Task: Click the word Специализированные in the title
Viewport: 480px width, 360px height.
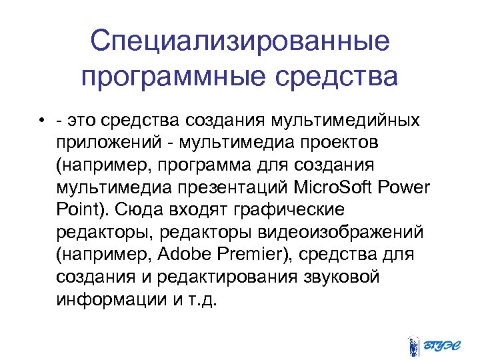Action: click(240, 41)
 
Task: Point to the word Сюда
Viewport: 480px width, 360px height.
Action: click(131, 209)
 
